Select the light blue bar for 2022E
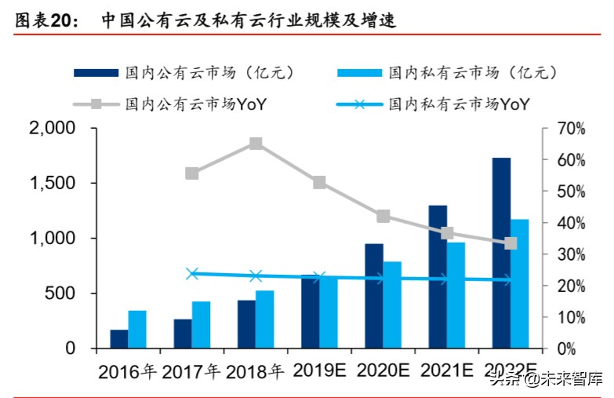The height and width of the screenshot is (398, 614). point(519,283)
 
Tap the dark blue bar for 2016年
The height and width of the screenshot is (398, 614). point(119,338)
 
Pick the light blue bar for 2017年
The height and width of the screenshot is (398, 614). point(202,324)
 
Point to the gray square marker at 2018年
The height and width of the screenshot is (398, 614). point(256,144)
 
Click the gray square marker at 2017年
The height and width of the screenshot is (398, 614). point(192,173)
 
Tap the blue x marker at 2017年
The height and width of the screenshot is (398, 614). point(192,274)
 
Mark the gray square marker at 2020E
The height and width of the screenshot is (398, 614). point(383,217)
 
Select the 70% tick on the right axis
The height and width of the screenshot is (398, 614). point(570,128)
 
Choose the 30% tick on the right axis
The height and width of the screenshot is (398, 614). point(570,254)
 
